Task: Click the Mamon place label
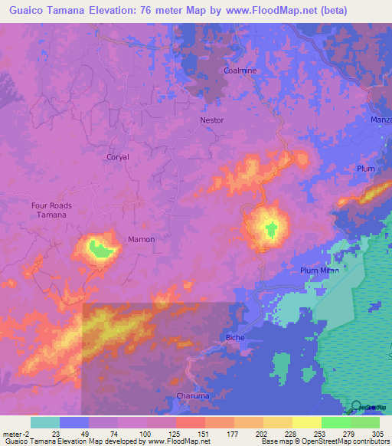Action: point(141,239)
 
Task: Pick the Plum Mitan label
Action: point(319,270)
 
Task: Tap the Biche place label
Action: point(234,337)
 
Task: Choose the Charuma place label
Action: point(193,395)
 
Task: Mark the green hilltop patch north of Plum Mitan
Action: point(270,228)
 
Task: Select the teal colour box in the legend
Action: point(45,422)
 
